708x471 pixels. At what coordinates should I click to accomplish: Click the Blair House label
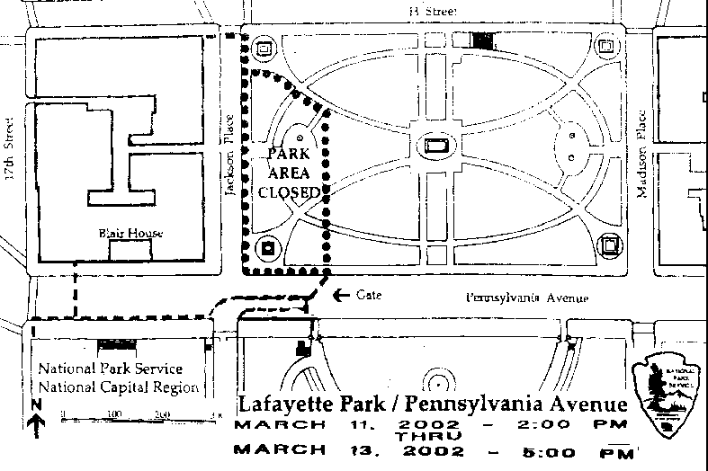coord(130,234)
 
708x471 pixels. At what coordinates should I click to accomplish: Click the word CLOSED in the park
coord(288,191)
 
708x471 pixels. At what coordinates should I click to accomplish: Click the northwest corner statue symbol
coord(264,49)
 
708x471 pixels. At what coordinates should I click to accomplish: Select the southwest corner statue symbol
coord(268,247)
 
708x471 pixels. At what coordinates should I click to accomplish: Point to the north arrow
coord(36,420)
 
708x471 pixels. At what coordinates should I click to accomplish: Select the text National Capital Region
coord(118,387)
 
